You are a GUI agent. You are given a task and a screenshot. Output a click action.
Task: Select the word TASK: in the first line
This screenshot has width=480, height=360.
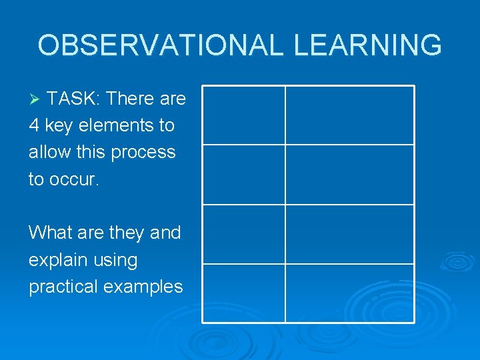coord(74,99)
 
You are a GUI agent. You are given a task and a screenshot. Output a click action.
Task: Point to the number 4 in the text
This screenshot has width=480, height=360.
coord(34,125)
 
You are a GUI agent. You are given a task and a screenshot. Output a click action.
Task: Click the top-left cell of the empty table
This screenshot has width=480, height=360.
coord(243,115)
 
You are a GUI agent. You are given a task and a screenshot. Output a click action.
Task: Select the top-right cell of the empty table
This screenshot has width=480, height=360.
coord(349,115)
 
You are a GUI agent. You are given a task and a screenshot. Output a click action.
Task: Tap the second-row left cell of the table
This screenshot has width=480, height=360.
coord(243,174)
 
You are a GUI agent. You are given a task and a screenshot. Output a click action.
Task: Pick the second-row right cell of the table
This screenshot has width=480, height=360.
coord(349,174)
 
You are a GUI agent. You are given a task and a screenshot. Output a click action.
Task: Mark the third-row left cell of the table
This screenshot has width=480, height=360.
coord(243,233)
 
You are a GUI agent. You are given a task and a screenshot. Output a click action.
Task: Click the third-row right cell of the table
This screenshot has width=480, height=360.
coord(349,233)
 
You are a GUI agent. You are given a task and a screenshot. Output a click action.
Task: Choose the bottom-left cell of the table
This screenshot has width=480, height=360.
coord(243,293)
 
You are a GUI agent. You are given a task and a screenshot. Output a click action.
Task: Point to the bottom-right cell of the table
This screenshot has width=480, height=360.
coord(349,293)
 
